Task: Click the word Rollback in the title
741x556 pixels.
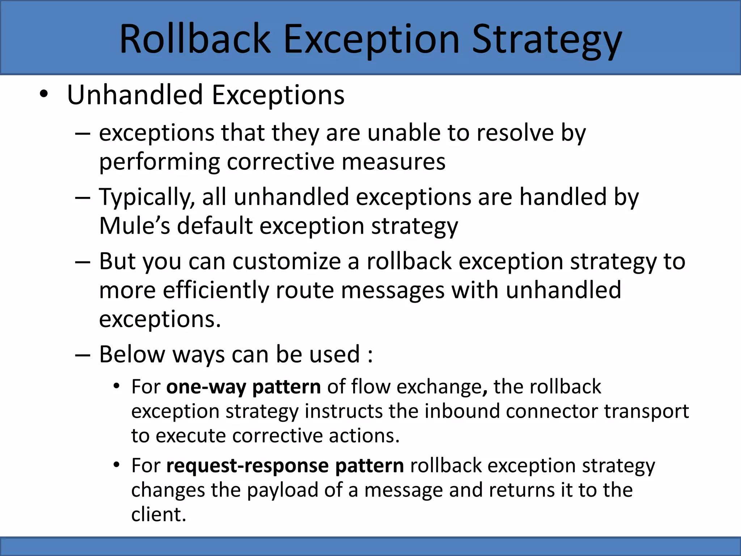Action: click(195, 39)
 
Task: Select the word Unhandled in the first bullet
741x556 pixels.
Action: click(135, 95)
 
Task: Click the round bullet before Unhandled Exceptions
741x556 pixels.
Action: click(44, 94)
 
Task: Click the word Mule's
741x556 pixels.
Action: click(134, 226)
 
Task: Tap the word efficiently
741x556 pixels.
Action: click(216, 290)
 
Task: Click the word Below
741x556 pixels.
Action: click(132, 354)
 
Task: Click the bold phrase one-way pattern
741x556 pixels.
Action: click(243, 387)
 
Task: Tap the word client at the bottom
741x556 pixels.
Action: click(158, 514)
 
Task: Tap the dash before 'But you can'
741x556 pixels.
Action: click(82, 262)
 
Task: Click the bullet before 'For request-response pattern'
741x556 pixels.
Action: click(116, 464)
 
